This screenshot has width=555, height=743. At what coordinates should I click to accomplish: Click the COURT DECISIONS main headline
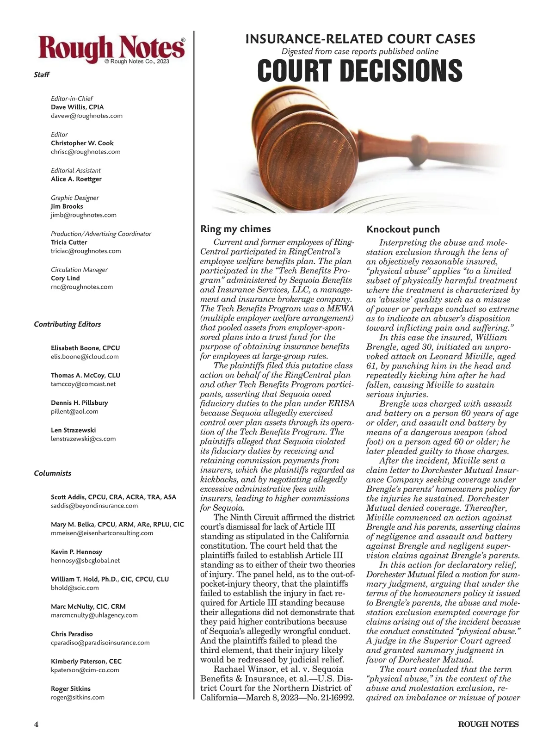(359, 71)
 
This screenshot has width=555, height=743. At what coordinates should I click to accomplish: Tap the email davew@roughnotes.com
(86, 116)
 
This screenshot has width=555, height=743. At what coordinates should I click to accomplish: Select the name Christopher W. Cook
(82, 143)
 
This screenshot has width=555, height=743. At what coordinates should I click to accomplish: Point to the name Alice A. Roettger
(76, 179)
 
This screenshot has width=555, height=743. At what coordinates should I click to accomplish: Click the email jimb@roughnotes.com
(83, 215)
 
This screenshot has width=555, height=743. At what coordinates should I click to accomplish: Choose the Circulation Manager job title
(79, 270)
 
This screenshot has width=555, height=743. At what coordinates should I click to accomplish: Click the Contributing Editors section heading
(67, 324)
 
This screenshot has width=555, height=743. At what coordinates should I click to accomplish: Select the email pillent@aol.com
(74, 411)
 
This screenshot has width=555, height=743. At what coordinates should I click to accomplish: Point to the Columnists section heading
(52, 473)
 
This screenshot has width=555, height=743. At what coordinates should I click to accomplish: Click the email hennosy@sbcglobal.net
(85, 560)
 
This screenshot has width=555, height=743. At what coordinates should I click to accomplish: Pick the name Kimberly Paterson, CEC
(86, 661)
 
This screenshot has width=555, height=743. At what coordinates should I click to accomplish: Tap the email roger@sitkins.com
(78, 697)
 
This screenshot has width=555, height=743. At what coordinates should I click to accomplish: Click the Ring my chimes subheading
(235, 229)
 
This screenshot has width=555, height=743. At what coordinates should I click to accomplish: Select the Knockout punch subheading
(403, 229)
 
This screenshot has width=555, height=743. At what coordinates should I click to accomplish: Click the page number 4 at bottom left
(36, 724)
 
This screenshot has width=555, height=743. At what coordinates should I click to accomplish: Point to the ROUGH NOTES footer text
(488, 724)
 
